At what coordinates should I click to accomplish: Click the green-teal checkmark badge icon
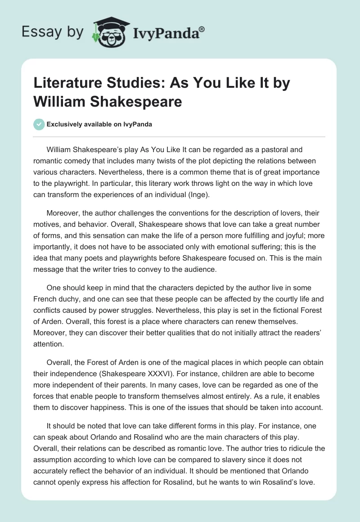(40, 124)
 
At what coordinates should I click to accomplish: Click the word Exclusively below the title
(64, 124)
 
